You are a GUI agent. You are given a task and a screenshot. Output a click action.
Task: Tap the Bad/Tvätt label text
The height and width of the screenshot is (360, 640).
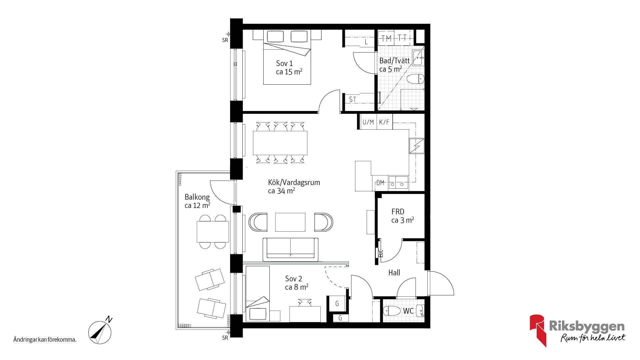click(394, 61)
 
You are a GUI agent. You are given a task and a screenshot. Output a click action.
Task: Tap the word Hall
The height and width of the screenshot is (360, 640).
click(394, 273)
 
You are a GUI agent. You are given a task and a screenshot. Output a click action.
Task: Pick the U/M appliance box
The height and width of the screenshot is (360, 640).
click(368, 122)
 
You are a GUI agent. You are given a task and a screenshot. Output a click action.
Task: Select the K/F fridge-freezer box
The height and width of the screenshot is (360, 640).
click(384, 122)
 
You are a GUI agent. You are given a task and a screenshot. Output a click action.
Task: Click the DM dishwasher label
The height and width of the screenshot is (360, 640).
click(380, 183)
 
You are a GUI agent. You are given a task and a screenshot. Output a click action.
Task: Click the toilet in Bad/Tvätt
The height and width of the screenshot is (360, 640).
click(415, 79)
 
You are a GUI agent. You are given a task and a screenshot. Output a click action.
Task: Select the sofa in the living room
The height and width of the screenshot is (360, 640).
click(290, 249)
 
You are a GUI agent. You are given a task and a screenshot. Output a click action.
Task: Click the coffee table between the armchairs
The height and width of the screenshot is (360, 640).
click(290, 222)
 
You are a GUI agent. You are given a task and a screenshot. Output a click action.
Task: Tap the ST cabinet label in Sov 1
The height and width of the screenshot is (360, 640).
click(352, 99)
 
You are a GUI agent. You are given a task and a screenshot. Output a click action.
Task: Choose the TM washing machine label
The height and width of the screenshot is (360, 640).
click(386, 38)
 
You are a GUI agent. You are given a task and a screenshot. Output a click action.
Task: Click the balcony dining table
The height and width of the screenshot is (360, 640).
click(213, 232)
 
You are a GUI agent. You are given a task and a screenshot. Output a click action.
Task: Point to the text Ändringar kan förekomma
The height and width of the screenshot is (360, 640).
click(45, 340)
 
